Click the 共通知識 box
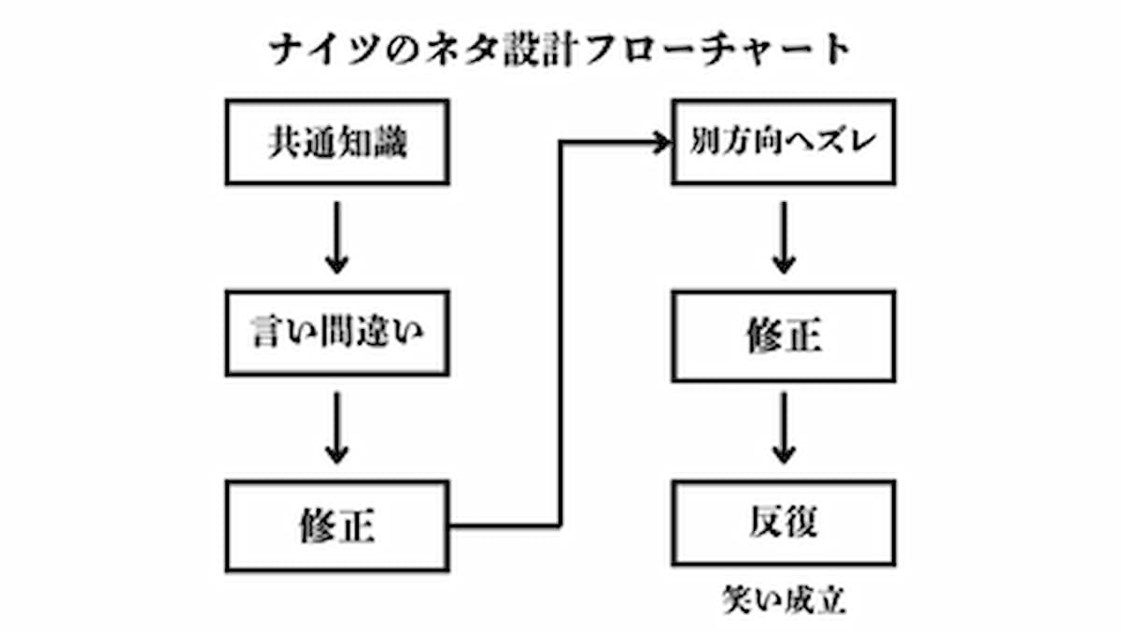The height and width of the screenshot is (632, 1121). (x=336, y=142)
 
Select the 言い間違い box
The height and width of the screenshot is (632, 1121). (x=336, y=333)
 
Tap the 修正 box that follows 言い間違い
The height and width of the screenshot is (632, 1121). (x=336, y=524)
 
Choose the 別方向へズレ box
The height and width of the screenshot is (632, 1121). (x=784, y=142)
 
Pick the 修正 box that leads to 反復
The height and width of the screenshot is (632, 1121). (x=784, y=333)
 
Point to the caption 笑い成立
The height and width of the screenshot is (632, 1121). (x=784, y=599)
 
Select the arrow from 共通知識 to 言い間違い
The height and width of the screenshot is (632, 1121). (x=336, y=237)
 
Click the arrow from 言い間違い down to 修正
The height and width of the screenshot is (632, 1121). (x=336, y=428)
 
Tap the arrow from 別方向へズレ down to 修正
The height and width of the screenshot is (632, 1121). (x=784, y=237)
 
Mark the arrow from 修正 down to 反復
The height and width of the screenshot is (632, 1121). (x=784, y=428)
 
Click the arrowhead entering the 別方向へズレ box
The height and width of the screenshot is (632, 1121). (x=663, y=142)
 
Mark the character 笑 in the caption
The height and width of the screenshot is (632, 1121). (x=736, y=599)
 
